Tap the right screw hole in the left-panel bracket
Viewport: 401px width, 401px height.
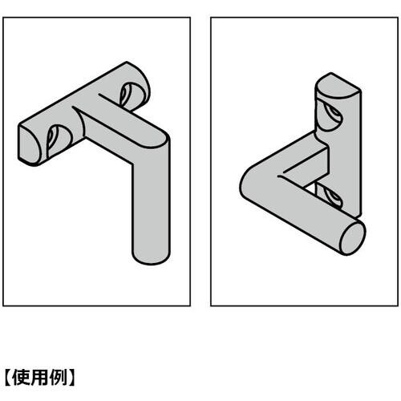128,95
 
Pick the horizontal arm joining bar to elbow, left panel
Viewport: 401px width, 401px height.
120,128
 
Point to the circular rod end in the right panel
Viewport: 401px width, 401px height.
352,238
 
